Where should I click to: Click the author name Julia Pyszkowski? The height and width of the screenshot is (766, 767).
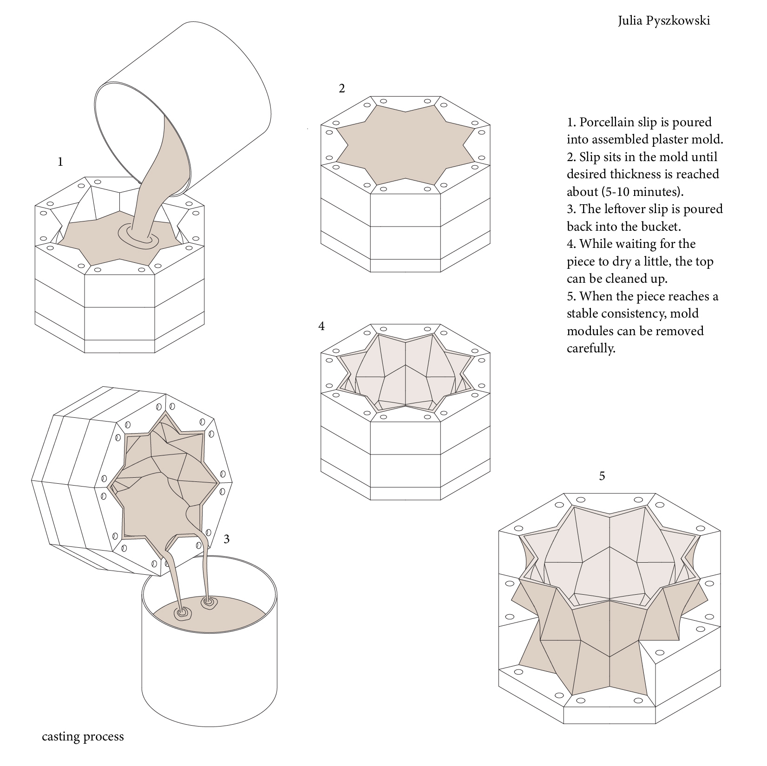[x=663, y=21]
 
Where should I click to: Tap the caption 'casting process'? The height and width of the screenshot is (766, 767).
[x=83, y=736]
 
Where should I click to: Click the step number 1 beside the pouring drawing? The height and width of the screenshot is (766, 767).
[x=60, y=162]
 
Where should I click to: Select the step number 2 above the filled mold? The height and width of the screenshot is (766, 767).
[x=342, y=89]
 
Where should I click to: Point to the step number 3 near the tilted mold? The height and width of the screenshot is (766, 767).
[x=227, y=539]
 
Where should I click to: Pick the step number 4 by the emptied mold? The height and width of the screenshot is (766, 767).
[x=321, y=326]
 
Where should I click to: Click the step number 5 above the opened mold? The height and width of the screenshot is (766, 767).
[x=602, y=476]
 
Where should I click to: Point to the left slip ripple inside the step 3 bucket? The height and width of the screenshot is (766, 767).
[x=183, y=613]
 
